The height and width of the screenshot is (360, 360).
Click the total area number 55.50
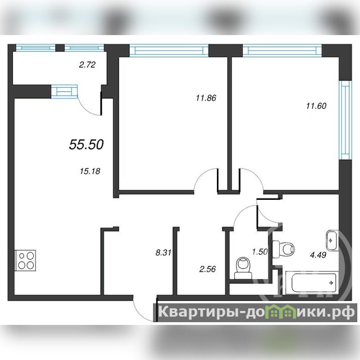[x=86, y=144]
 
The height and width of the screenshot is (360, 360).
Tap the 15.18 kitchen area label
[x=90, y=171]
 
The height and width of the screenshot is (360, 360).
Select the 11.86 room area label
[x=206, y=98]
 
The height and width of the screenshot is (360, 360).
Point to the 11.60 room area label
[x=316, y=106]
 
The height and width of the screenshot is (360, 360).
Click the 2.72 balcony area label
[x=87, y=65]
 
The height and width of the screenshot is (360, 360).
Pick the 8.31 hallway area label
[x=163, y=253]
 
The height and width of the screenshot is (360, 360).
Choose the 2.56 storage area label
[x=207, y=269]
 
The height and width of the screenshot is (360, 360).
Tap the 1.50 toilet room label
[x=260, y=252]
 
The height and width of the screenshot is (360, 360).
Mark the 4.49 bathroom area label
[x=318, y=255]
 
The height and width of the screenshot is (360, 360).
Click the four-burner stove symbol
[x=25, y=261]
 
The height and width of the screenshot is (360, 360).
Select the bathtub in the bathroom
[x=312, y=283]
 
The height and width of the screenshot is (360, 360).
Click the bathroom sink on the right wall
[x=332, y=240]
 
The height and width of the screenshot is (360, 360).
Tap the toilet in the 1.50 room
[x=243, y=268]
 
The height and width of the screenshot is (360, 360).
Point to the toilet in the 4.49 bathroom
[x=283, y=249]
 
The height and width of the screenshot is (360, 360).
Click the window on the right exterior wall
[x=345, y=120]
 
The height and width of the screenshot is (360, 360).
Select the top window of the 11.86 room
[x=169, y=51]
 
